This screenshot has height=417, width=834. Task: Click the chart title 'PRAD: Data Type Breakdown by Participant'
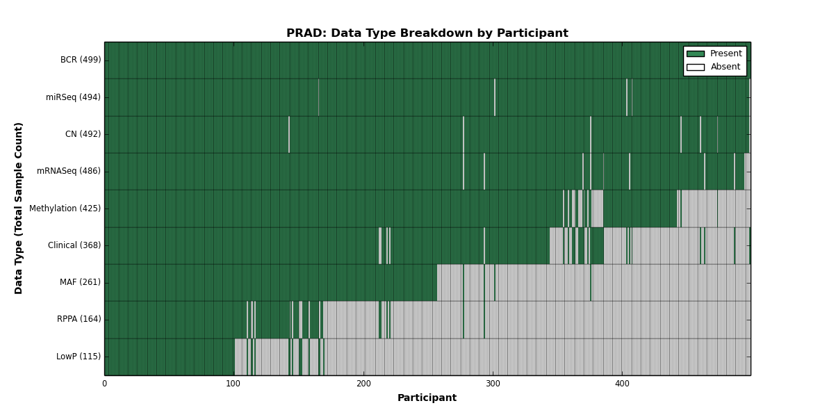[427, 33]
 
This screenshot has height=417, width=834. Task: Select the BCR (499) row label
[81, 60]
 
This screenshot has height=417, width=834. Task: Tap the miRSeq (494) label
[73, 97]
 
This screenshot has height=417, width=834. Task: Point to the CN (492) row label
[83, 134]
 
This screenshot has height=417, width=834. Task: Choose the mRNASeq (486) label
[69, 171]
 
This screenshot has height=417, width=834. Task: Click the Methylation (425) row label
[65, 208]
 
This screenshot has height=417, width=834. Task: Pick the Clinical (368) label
[74, 245]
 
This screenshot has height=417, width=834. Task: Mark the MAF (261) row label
[80, 282]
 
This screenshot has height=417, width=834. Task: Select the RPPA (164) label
[79, 319]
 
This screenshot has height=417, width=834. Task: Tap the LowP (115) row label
[78, 357]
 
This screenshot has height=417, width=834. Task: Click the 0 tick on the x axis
[105, 384]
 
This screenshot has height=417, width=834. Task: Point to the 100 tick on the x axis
[234, 384]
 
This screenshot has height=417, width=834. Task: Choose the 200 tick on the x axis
[363, 384]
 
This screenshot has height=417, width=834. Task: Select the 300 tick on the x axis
[493, 384]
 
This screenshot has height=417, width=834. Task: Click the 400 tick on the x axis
[622, 384]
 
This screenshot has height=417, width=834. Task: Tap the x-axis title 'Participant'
[427, 398]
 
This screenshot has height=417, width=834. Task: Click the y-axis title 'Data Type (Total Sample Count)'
[19, 208]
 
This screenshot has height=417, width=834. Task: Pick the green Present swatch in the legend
[696, 54]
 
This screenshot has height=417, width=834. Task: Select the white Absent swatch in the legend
[696, 67]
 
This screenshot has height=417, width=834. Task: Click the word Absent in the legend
[726, 67]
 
